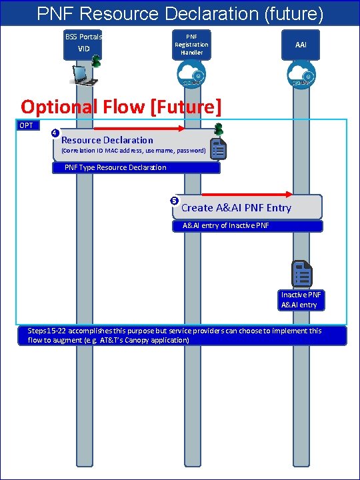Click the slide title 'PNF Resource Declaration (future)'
click(180, 13)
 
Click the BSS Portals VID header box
click(83, 44)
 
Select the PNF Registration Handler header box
click(191, 44)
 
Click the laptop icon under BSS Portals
click(85, 75)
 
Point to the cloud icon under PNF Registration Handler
click(191, 75)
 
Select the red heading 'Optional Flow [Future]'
click(121, 106)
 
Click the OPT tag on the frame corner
click(27, 125)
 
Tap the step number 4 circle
click(55, 133)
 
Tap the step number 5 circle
click(175, 201)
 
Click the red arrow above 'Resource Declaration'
click(139, 128)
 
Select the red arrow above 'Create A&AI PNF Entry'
click(247, 195)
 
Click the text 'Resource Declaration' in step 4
click(107, 140)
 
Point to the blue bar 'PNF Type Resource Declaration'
click(136, 168)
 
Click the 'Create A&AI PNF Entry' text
click(236, 208)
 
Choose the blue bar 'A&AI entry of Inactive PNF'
click(252, 226)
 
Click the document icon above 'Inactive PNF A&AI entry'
click(301, 274)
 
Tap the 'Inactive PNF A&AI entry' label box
click(301, 300)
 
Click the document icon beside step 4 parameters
click(218, 149)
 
